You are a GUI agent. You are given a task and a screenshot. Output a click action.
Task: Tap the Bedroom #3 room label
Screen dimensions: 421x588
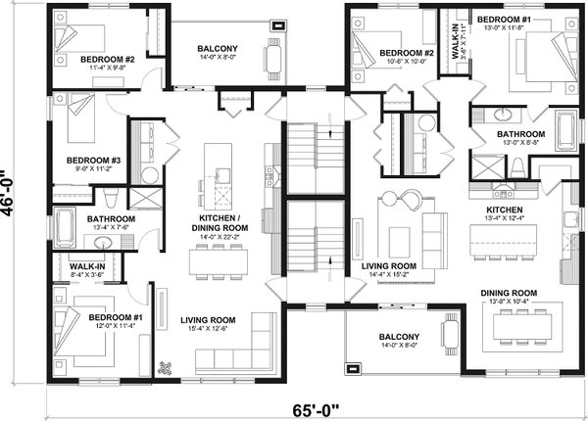(93, 165)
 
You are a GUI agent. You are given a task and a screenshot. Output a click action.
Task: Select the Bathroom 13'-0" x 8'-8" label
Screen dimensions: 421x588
(520, 139)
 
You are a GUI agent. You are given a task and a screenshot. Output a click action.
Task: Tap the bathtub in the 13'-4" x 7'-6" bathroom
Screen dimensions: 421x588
(64, 229)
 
